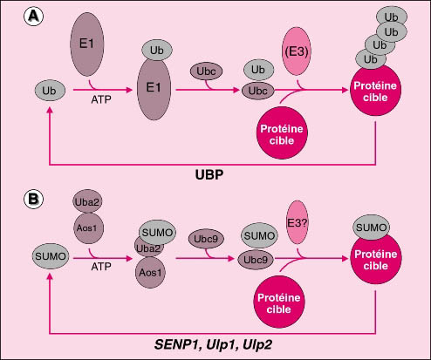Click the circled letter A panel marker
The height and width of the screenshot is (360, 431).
[x=34, y=16]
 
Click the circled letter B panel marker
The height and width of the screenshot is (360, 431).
[x=34, y=199]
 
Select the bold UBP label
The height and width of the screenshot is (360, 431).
[x=209, y=175]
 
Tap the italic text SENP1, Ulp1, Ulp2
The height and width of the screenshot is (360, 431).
[x=213, y=344]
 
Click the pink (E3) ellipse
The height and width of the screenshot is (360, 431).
[x=297, y=51]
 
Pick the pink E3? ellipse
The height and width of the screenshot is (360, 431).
[x=298, y=222]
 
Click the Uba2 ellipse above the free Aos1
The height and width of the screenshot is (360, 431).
[x=87, y=202]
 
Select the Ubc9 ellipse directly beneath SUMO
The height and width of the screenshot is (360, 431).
[x=256, y=260]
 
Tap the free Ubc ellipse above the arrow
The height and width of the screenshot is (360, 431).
[x=206, y=71]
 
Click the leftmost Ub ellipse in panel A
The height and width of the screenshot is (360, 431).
[x=50, y=91]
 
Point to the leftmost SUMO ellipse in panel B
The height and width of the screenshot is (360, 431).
[x=51, y=256]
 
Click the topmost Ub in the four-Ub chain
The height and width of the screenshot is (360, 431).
[x=392, y=17]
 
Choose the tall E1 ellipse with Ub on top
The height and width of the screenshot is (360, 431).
[x=154, y=88]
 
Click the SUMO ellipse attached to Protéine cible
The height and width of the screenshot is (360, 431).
[x=372, y=228]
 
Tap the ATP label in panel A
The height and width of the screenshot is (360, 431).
[x=101, y=99]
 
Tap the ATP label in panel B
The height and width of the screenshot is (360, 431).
[x=101, y=267]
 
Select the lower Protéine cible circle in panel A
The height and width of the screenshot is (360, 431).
[x=282, y=133]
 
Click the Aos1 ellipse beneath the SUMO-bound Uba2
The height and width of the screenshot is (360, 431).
[x=150, y=273]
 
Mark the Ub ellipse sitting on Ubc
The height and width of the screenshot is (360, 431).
[x=258, y=70]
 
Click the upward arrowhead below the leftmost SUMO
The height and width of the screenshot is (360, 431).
[x=50, y=276]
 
